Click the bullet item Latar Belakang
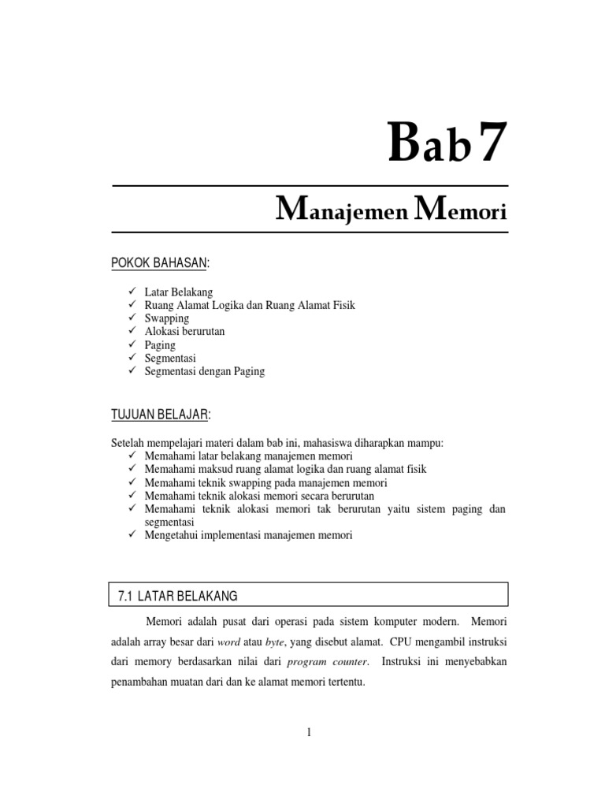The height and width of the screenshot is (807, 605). [179, 292]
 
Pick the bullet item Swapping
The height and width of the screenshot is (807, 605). [167, 318]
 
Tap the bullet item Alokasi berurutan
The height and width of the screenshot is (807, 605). [184, 332]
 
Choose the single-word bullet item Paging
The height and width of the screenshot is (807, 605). [160, 345]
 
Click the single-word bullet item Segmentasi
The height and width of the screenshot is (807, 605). [170, 359]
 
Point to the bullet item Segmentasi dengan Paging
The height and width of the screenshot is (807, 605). [205, 371]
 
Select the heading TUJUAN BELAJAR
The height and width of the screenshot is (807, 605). [161, 415]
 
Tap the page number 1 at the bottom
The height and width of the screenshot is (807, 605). [310, 732]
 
